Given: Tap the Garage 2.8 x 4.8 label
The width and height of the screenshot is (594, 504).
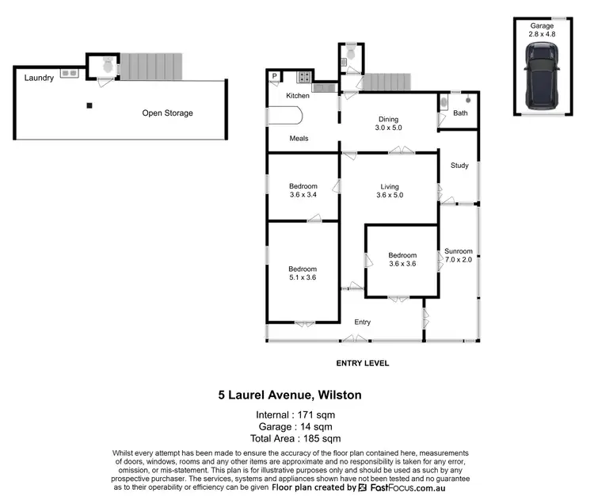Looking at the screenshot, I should [x=543, y=30].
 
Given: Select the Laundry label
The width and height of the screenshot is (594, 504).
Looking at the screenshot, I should [x=39, y=78].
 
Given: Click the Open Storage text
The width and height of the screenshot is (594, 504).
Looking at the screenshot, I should [x=167, y=113].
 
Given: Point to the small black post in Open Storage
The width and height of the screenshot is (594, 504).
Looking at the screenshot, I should [x=89, y=105].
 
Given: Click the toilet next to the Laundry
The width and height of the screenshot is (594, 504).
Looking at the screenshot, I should [x=104, y=68].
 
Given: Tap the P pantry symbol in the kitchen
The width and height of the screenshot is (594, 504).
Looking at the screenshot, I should [x=275, y=77].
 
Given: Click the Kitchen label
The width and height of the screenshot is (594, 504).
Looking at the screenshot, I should [x=298, y=96].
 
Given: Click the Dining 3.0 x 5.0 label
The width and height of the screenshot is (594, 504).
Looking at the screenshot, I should [x=389, y=123].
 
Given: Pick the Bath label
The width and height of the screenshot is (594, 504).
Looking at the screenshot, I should [x=459, y=114].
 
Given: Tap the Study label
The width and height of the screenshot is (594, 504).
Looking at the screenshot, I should [x=459, y=166].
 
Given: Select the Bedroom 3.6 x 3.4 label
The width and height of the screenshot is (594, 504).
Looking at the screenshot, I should [x=303, y=191].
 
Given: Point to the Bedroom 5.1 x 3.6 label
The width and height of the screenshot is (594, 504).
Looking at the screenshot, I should [x=303, y=273].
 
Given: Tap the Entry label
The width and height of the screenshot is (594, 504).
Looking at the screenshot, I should [x=362, y=322].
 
